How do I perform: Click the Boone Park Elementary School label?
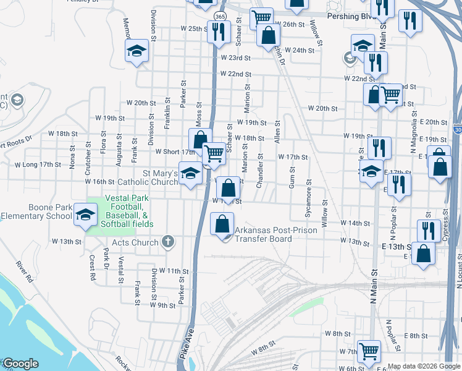tap(36, 211)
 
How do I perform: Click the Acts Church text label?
tap(136, 242)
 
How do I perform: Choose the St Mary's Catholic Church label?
tap(151, 178)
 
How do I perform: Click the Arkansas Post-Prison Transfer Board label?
tap(275, 234)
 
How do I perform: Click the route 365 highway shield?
tap(220, 15)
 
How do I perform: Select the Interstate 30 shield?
tap(458, 130)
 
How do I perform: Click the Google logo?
tap(20, 364)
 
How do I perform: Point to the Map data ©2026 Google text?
tap(424, 366)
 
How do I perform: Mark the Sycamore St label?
tap(308, 199)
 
